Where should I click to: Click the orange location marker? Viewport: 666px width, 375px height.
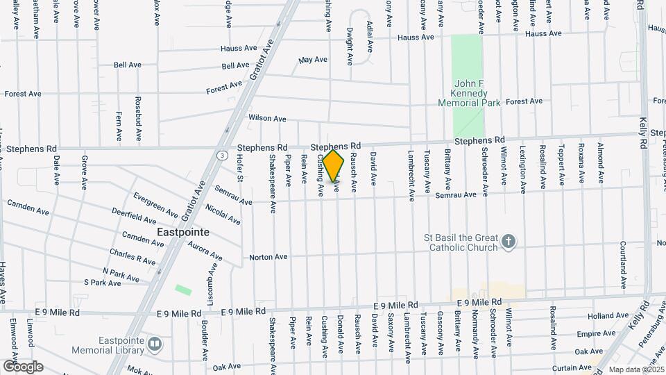334,166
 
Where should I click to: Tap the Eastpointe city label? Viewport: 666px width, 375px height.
183,232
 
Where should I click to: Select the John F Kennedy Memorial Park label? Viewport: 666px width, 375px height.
469,93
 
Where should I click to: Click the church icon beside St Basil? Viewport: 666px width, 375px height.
509,242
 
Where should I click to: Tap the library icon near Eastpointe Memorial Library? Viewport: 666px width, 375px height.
155,342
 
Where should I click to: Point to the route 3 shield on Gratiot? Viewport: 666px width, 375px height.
221,154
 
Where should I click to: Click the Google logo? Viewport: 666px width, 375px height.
23,366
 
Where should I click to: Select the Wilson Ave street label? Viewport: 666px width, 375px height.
267,119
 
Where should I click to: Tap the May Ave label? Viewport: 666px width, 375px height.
313,60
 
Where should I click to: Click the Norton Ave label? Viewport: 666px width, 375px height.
268,257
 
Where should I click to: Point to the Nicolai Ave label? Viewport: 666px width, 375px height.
223,215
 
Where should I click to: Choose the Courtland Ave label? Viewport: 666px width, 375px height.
622,266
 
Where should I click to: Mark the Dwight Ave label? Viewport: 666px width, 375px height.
351,42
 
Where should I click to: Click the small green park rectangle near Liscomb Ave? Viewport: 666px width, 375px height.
183,289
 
